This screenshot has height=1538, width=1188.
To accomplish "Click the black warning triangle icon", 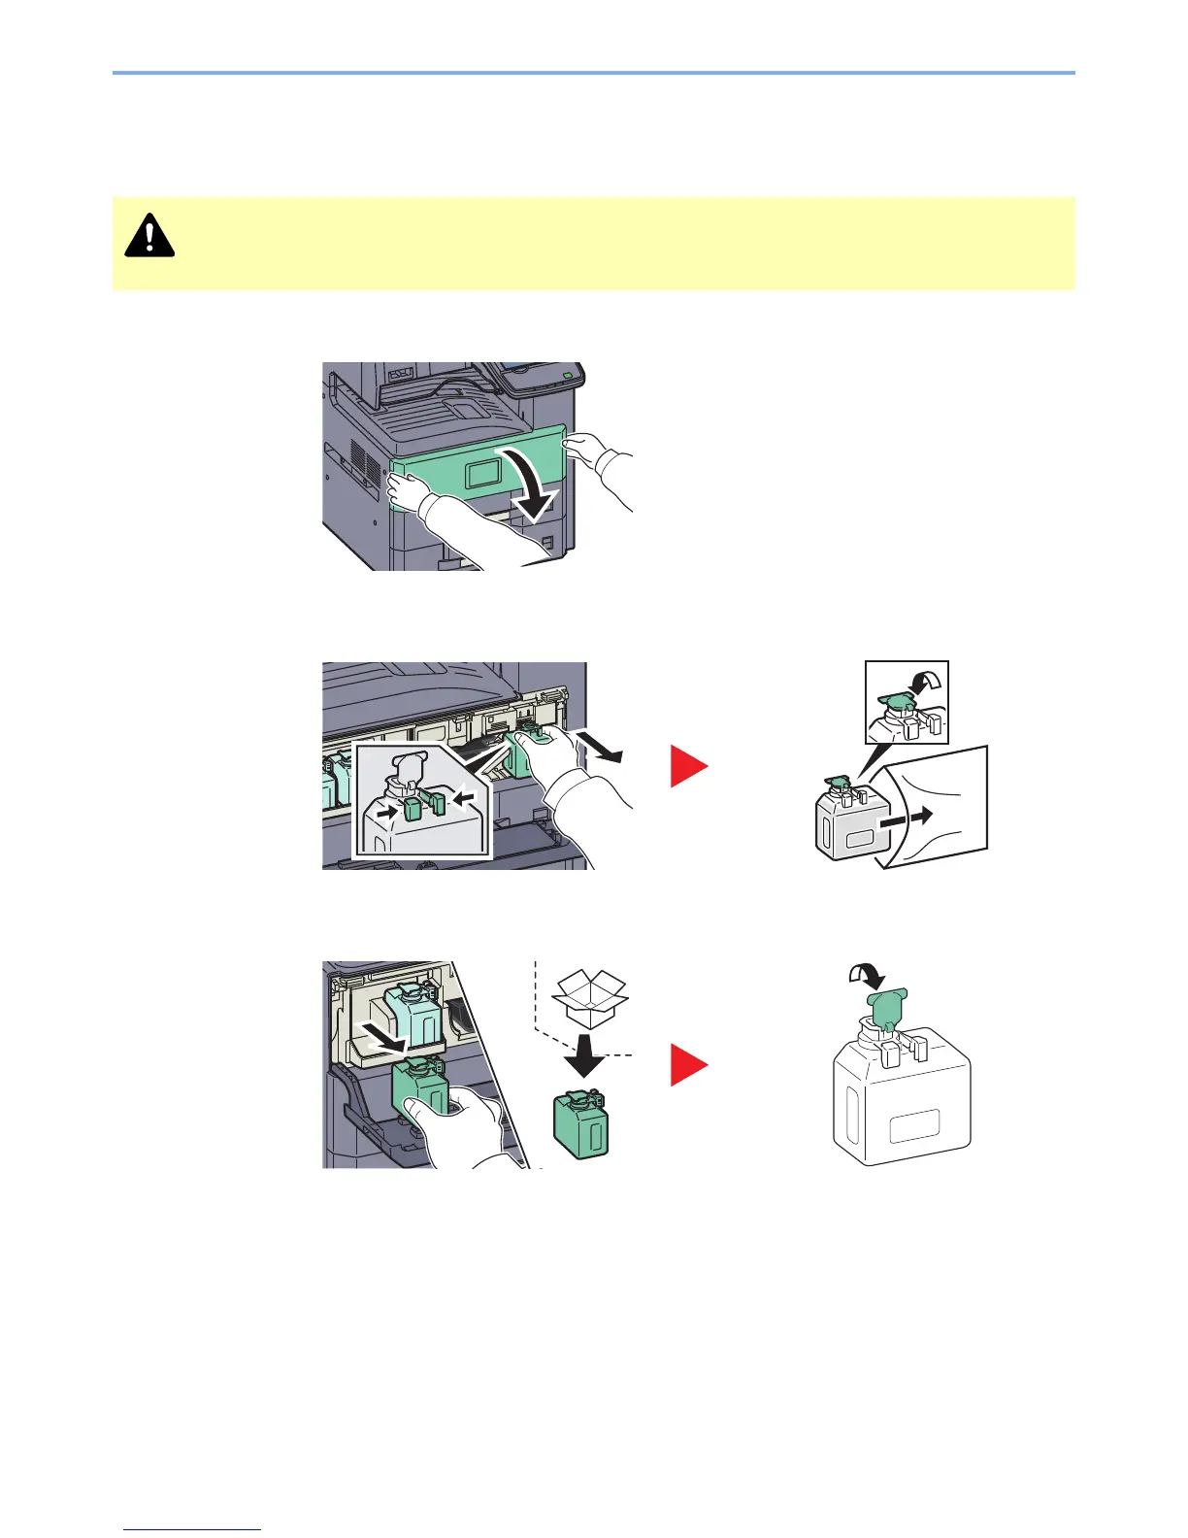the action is (149, 235).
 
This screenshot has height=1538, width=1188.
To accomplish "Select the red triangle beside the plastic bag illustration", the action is (689, 766).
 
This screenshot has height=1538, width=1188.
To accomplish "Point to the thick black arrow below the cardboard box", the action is (584, 1054).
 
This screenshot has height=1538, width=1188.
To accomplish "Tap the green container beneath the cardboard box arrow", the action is (580, 1122).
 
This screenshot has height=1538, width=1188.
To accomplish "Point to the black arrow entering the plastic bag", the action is (907, 817).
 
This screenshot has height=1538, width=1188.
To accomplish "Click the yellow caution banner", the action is (593, 243).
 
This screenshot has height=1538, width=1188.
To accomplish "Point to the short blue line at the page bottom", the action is (192, 1530).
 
